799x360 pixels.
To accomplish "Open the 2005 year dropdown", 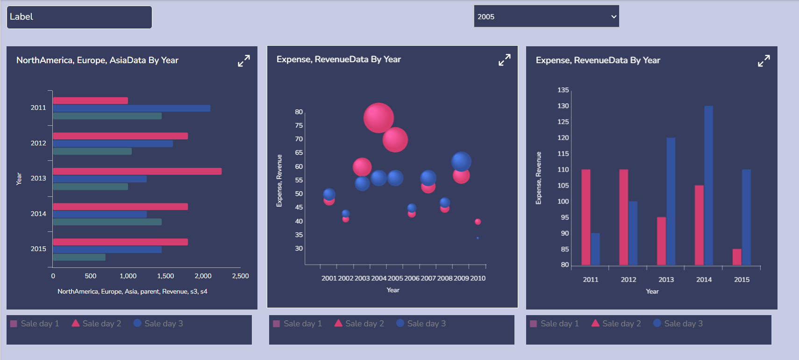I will point(546,16).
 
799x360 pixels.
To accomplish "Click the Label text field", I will point(79,17).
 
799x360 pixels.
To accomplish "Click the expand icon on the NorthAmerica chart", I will point(244,61).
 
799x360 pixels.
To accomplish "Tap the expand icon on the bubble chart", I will point(504,60).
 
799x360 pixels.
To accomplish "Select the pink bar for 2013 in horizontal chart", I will point(137,171).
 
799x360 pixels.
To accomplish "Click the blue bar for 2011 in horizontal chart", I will point(131,108).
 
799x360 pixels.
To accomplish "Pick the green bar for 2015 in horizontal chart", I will point(79,257).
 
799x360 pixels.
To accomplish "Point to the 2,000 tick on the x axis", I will point(203,276).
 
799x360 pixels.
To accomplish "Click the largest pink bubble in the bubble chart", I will point(378,118).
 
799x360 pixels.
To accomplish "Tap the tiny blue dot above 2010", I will point(478,238).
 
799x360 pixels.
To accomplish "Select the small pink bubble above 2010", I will point(478,222).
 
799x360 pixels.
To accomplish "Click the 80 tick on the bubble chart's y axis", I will point(299,112).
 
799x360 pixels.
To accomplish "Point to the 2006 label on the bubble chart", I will point(412,278).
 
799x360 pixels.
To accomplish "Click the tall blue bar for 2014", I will point(708,185).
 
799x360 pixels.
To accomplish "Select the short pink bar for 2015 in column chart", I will point(737,257).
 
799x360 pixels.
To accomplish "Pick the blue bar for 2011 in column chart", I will point(595,249).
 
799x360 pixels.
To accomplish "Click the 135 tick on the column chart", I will point(563,90).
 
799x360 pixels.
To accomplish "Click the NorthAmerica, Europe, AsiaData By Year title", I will point(97,60).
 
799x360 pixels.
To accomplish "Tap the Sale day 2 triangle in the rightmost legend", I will point(595,323).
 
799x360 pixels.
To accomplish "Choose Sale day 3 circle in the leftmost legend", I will point(137,323).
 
